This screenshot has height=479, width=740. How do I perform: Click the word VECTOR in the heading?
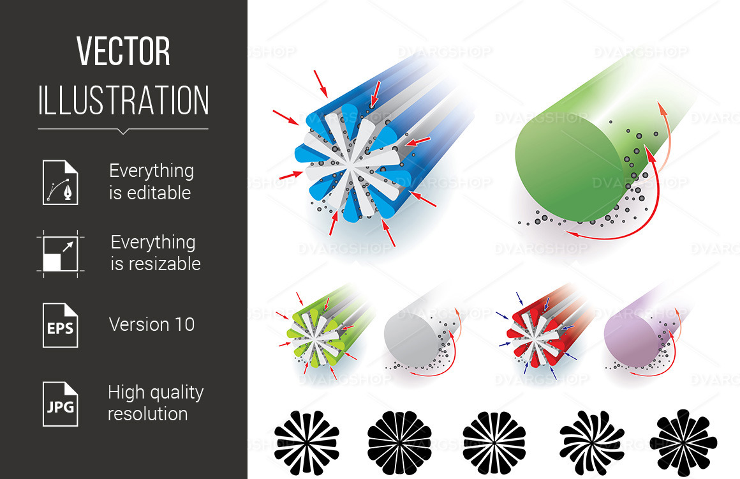click(x=123, y=52)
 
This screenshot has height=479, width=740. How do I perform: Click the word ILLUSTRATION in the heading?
click(x=123, y=100)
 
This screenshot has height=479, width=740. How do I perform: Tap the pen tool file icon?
click(x=60, y=183)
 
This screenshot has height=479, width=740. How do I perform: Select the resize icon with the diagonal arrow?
click(x=60, y=254)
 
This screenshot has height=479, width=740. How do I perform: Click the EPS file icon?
click(x=60, y=325)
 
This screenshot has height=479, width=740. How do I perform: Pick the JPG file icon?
click(x=60, y=404)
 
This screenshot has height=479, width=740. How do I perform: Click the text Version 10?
click(x=151, y=324)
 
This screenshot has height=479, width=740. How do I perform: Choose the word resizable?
click(x=155, y=264)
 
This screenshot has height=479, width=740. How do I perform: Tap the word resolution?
click(x=147, y=414)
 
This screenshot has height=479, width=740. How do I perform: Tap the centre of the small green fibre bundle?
click(x=313, y=334)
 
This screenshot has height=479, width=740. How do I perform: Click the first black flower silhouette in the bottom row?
click(x=306, y=441)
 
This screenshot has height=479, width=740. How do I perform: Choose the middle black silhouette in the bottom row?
click(x=494, y=441)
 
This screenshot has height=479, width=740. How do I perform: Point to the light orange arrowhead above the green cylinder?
click(x=663, y=112)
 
